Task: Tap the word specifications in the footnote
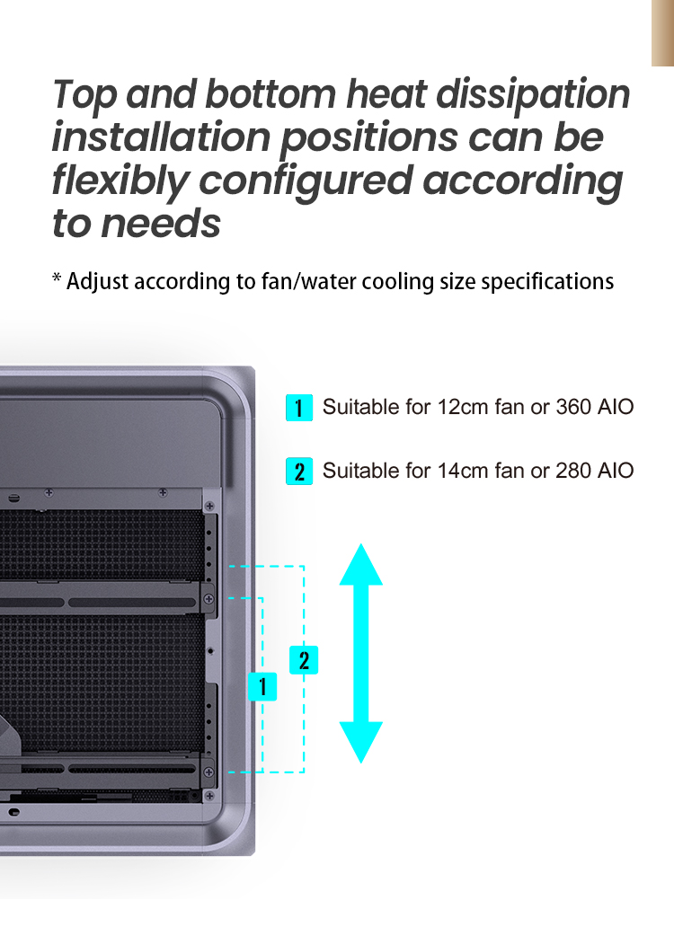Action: [x=547, y=281]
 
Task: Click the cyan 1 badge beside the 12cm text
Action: [x=299, y=408]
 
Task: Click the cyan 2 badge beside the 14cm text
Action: [x=299, y=471]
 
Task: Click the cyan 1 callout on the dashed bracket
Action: [x=262, y=687]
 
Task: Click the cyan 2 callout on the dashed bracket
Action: [x=304, y=661]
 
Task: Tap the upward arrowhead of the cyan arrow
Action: [x=361, y=566]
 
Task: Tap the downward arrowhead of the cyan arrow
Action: [x=361, y=741]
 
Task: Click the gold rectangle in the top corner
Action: [x=663, y=32]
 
